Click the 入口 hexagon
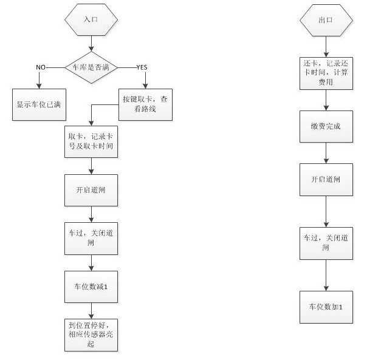[91, 19]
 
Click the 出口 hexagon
[326, 19]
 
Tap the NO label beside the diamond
[41, 67]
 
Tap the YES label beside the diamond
[142, 66]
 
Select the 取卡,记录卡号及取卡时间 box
[91, 141]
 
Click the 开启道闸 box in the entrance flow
[91, 189]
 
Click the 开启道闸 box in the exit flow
[326, 180]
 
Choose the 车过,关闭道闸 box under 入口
[91, 237]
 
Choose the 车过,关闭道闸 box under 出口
[326, 243]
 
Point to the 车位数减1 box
[91, 286]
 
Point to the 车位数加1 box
[326, 307]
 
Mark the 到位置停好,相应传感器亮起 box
[91, 335]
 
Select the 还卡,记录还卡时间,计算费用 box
[326, 73]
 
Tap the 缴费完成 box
[326, 127]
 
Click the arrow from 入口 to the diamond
[91, 42]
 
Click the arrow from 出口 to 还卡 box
[326, 46]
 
